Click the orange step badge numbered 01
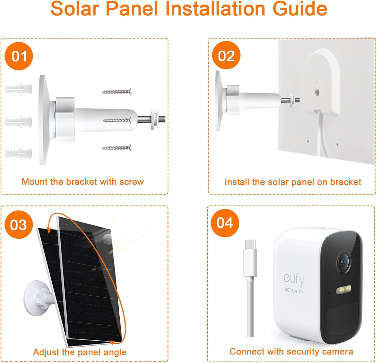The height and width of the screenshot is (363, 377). point(19,56)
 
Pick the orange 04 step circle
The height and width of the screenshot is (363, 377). point(224,223)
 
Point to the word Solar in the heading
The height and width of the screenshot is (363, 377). point(76,9)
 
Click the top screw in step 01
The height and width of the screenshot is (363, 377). point(117,91)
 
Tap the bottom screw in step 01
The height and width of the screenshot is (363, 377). point(117,148)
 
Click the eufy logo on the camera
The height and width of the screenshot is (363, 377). point(294,280)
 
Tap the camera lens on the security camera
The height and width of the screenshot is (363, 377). point(343,262)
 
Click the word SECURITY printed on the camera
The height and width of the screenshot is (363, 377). point(294,291)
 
